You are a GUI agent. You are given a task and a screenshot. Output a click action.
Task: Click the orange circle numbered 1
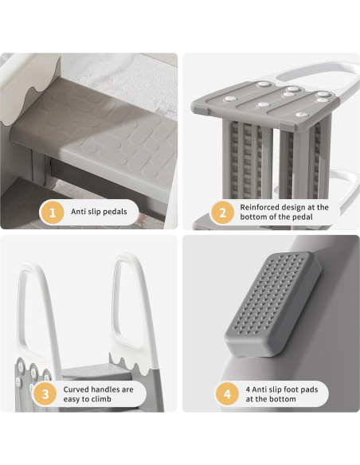coord(52,213)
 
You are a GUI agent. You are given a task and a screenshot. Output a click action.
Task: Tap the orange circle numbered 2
coord(222,213)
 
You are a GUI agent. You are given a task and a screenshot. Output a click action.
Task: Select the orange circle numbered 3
coord(47,394)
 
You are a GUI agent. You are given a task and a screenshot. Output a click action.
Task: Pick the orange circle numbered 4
coord(227,394)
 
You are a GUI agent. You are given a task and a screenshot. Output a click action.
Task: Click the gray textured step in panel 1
coord(104,127)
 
